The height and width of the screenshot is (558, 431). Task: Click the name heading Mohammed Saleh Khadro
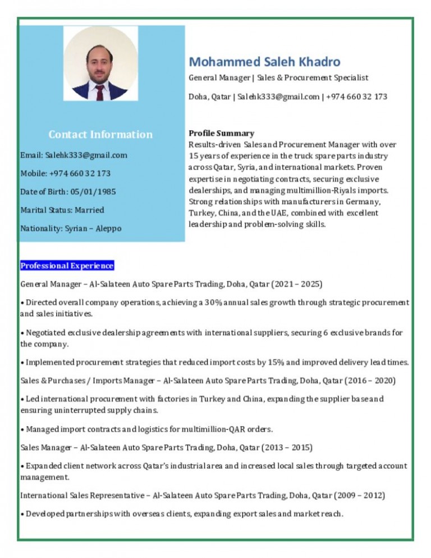(264, 61)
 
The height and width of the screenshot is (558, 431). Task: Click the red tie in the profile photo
(100, 92)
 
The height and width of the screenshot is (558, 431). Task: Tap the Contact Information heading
(100, 134)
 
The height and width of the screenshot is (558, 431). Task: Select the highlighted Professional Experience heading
(67, 266)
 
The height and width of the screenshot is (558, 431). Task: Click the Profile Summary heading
(221, 133)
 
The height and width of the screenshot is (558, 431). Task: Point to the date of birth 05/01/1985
(93, 192)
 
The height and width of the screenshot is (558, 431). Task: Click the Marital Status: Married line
(62, 210)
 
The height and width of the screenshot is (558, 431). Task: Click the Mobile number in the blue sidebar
(65, 173)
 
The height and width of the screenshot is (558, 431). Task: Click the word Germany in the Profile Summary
(363, 202)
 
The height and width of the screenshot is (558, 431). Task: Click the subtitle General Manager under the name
(219, 77)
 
